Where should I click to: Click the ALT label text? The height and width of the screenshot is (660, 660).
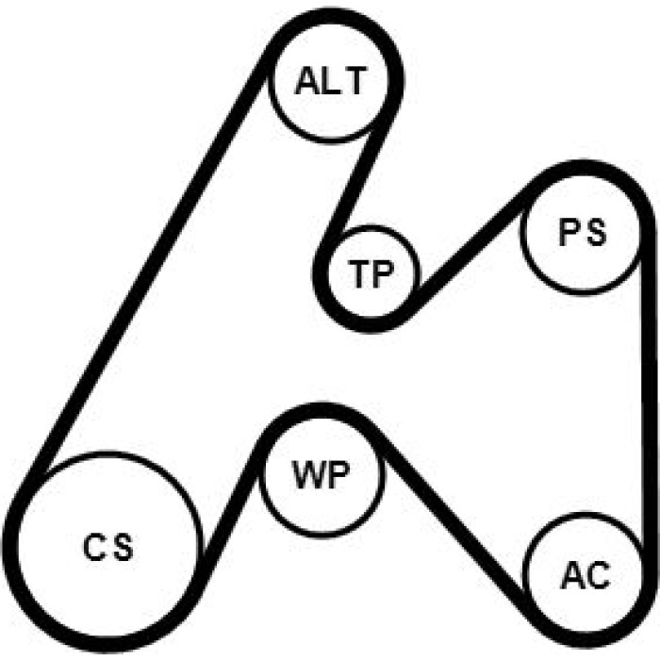coord(330,81)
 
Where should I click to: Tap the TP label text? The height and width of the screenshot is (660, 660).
coord(370,273)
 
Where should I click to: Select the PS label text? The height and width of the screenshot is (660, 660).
coord(582,232)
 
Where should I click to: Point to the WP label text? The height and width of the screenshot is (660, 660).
coord(322,475)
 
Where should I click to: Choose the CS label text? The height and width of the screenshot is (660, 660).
coord(108,547)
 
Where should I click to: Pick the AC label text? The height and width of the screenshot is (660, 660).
coord(586,575)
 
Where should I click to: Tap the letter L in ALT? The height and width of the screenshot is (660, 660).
coord(325,81)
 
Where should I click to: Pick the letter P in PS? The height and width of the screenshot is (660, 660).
coord(569,232)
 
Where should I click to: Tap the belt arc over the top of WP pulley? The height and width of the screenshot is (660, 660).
coord(322,410)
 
